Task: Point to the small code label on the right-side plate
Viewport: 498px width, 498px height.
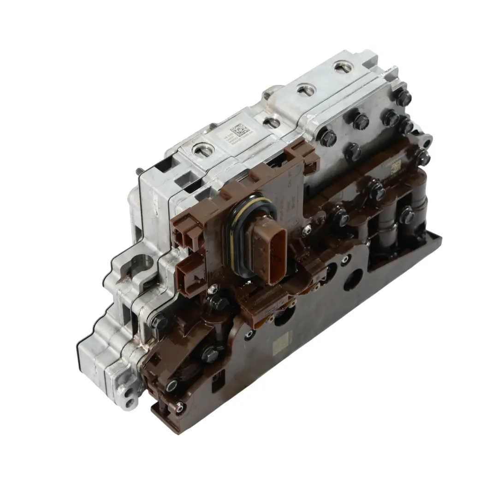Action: pyautogui.click(x=397, y=168)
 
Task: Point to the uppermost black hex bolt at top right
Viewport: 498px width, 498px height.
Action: pyautogui.click(x=404, y=96)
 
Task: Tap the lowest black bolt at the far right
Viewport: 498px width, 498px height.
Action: pyautogui.click(x=406, y=213)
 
